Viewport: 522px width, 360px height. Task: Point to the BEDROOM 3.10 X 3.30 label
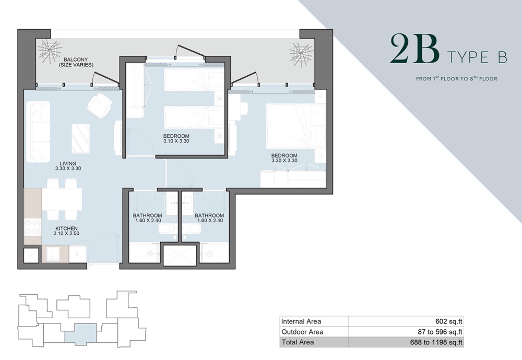coord(176,139)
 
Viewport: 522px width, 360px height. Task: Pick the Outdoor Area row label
coord(302,332)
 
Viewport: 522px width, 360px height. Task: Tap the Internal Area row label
coord(301,321)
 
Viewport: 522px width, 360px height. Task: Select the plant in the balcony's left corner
coord(51,51)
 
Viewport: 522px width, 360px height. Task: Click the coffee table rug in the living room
coord(80,138)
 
